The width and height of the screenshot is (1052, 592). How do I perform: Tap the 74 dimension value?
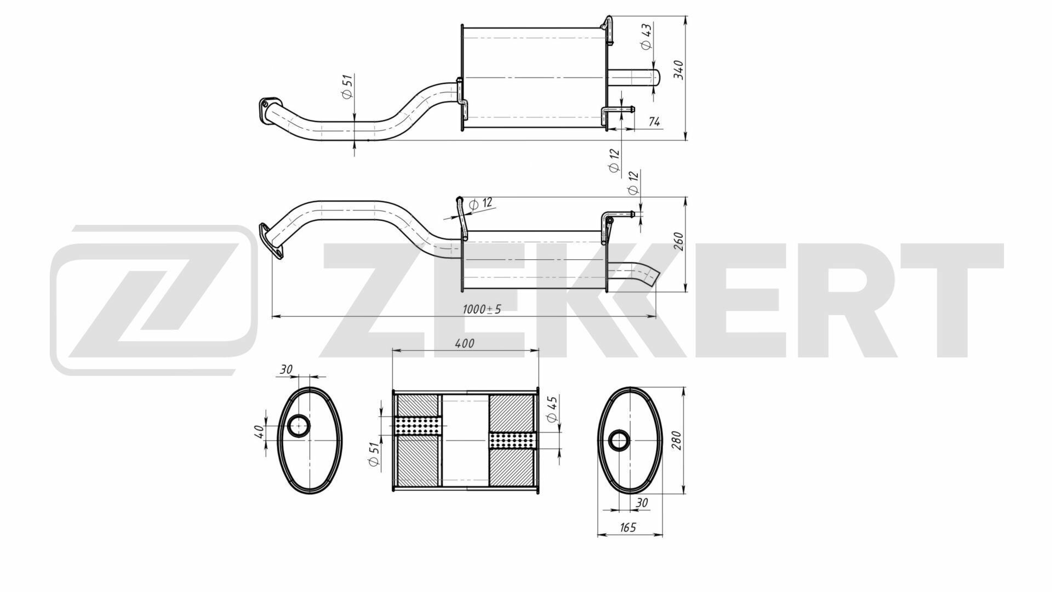pos(654,122)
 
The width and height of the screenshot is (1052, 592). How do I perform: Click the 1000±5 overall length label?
pos(482,309)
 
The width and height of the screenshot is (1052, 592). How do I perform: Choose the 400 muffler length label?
pos(465,343)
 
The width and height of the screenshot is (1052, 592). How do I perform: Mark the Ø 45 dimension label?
pos(552,408)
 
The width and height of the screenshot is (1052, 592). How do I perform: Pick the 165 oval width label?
pos(628,527)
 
